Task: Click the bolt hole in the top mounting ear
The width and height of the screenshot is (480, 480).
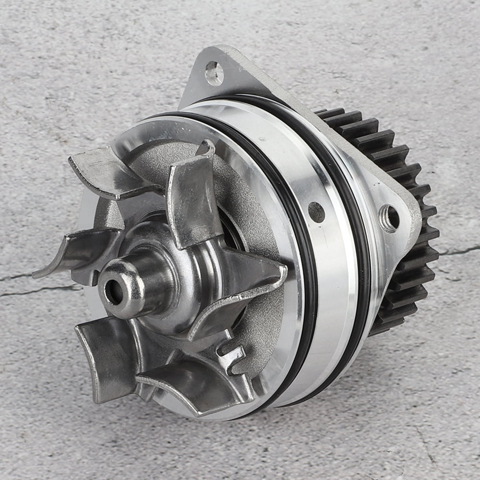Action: tap(214, 73)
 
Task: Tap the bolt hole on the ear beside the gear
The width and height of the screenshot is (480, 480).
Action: tap(390, 218)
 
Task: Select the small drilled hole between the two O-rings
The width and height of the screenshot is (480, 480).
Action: tap(316, 211)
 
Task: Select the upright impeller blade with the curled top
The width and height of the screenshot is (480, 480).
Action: tap(192, 201)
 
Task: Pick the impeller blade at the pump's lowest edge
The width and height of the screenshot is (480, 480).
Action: tap(192, 384)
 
